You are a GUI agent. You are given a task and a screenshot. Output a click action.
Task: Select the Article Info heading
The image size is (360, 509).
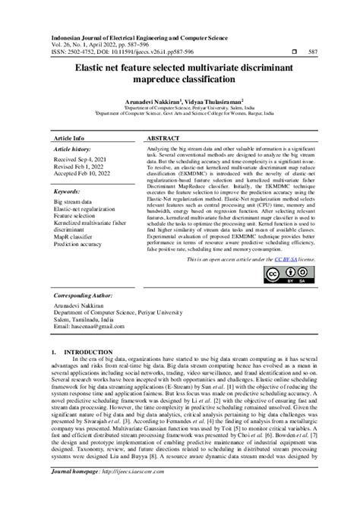coord(68,139)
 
